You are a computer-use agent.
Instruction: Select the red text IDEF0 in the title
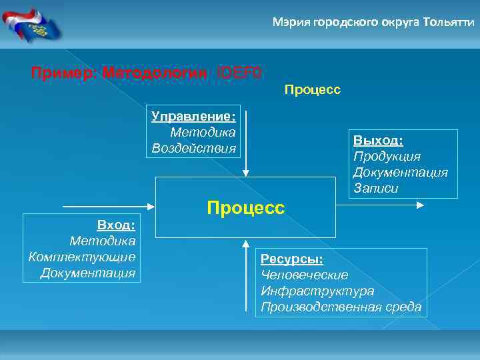click(239, 71)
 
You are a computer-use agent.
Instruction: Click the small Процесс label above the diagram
click(312, 89)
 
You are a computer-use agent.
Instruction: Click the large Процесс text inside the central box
click(245, 207)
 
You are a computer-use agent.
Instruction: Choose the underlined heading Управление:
click(193, 117)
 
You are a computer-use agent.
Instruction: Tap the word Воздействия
click(193, 147)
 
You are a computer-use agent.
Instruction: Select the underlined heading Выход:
click(378, 141)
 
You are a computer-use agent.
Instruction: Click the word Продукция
click(387, 156)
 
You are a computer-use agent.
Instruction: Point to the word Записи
click(376, 188)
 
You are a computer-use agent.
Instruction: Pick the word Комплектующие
click(82, 257)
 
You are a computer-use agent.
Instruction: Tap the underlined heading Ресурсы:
click(291, 259)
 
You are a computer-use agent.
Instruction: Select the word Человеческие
click(304, 275)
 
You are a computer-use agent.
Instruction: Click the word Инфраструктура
click(317, 291)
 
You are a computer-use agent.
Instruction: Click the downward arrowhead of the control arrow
click(246, 172)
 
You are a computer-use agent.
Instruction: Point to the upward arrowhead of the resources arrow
click(246, 242)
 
